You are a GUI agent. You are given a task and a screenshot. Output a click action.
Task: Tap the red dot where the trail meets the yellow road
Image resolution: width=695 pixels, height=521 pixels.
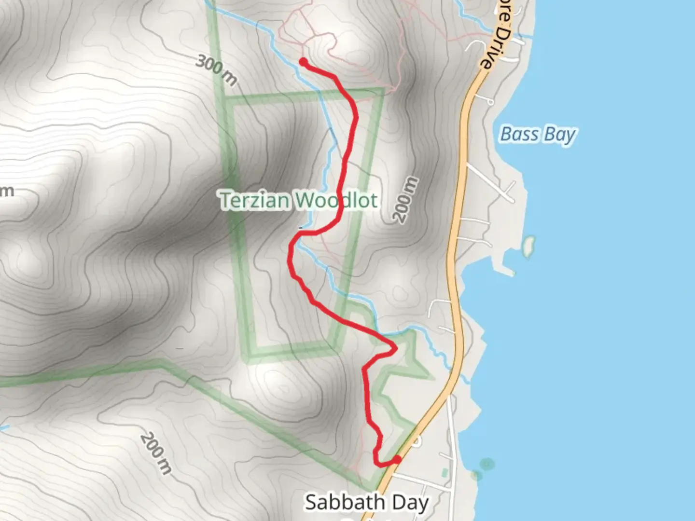pos(397,459)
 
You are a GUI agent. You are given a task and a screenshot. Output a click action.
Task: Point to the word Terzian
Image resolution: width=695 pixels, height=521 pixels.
pos(254,200)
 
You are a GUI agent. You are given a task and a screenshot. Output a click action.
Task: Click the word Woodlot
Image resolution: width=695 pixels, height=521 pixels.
pos(336,200)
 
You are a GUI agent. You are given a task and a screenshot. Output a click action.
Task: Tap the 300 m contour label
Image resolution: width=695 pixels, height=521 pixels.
pos(217,70)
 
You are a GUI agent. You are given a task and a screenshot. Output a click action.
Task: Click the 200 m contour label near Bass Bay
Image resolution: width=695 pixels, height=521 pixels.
pos(406,200)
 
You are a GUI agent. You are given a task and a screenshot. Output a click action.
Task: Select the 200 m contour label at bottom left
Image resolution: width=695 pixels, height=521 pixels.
pos(156,453)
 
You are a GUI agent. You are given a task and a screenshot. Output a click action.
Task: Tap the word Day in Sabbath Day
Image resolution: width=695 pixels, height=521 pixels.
pos(410,502)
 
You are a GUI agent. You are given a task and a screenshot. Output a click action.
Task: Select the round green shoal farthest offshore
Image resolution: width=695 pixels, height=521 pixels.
pos(487,464)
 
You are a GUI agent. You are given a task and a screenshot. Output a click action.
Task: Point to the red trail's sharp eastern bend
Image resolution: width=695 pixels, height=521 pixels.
pos(396,347)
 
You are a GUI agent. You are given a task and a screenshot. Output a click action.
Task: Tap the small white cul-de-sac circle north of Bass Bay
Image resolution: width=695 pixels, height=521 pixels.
pos(490,102)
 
